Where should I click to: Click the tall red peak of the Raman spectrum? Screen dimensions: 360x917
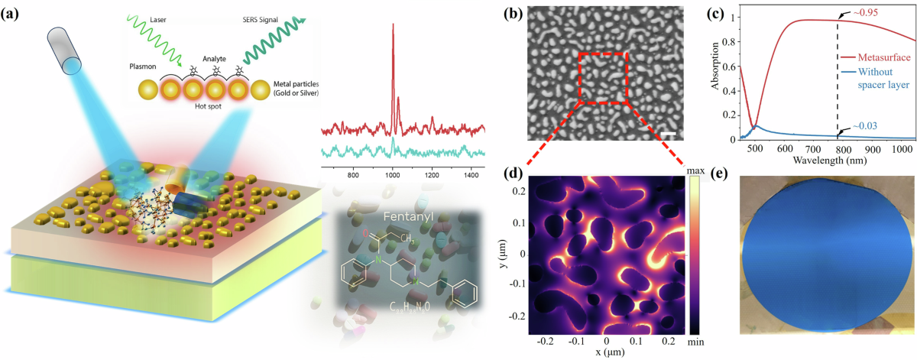(393, 27)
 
